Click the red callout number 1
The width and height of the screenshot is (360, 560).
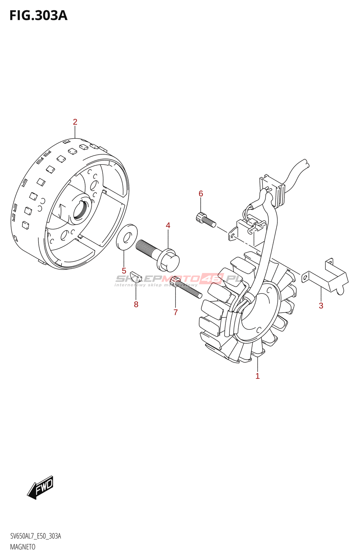pos(257,376)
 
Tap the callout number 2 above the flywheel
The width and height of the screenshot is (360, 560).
pos(75,122)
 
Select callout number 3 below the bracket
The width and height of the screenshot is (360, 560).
pos(321,306)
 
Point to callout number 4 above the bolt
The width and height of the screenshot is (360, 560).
pos(168,225)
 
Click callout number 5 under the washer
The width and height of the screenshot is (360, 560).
pos(124,271)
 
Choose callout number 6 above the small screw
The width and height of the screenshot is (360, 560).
pos(201,194)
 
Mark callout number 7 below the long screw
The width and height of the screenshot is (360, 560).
pos(175,312)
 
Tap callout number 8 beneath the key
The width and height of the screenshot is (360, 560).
pos(136,304)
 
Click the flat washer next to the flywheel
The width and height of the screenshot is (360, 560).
pos(127,237)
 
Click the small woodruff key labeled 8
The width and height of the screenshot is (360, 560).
pos(136,276)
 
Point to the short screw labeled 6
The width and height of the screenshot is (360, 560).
pos(206,220)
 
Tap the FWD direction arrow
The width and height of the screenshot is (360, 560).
pos(40,487)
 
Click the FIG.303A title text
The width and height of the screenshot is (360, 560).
pos(38,16)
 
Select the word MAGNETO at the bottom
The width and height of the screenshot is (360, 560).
pos(23,547)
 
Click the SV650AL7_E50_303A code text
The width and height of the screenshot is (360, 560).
pos(35,536)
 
